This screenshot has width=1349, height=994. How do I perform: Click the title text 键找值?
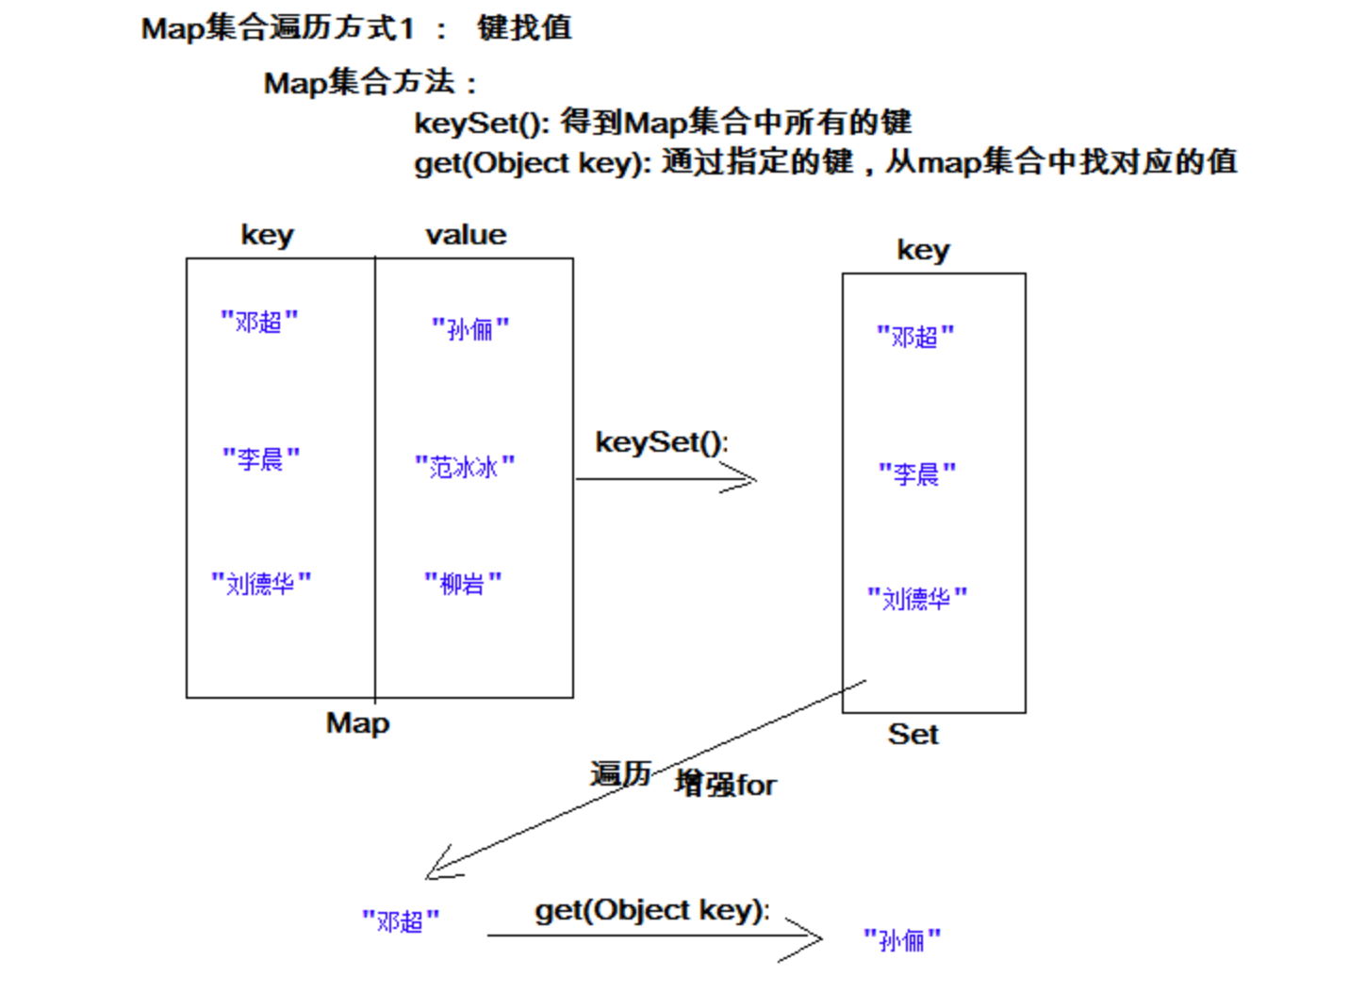(x=524, y=27)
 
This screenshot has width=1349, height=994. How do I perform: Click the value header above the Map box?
(x=466, y=234)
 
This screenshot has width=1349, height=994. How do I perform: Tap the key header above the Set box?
(x=923, y=250)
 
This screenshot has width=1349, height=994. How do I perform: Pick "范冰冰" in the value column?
(x=465, y=466)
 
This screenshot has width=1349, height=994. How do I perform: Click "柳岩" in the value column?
(x=463, y=583)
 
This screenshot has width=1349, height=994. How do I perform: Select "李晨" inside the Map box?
(x=261, y=458)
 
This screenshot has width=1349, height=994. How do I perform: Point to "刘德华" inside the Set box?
(x=917, y=598)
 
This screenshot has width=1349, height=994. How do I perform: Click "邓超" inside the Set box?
(x=915, y=336)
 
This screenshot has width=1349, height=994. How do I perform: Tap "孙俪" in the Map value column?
(x=470, y=328)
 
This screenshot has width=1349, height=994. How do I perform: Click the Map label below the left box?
(x=357, y=723)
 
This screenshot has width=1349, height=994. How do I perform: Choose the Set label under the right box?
(x=913, y=734)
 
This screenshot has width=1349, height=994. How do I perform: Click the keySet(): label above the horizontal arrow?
(x=662, y=441)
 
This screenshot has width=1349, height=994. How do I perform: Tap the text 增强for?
(x=725, y=784)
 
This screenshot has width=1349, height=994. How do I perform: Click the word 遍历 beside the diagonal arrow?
(x=620, y=774)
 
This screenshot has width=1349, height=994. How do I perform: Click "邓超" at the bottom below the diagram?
(x=401, y=919)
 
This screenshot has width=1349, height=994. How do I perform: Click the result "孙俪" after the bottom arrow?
(x=902, y=939)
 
